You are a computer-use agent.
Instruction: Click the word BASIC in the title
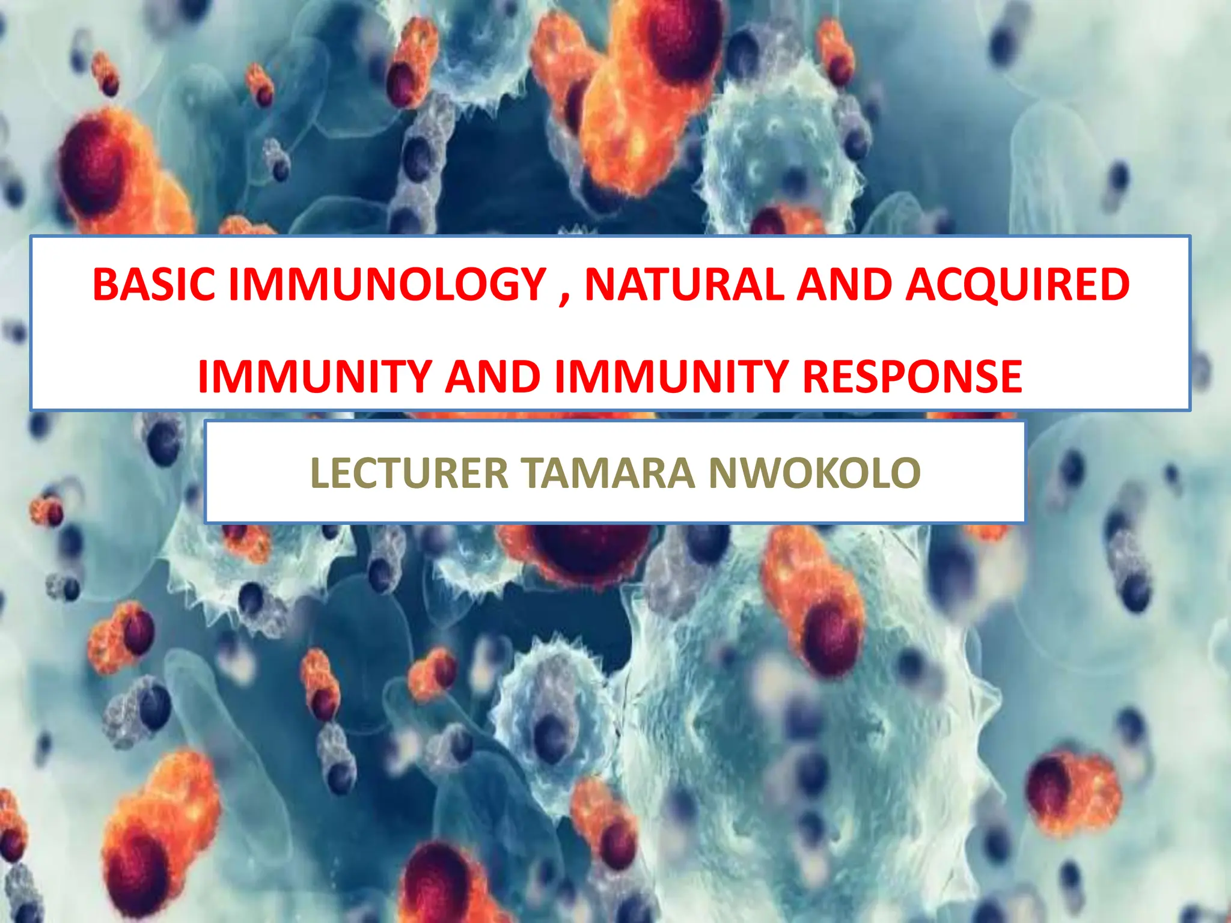click(x=154, y=284)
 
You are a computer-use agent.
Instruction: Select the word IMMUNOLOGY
click(x=387, y=284)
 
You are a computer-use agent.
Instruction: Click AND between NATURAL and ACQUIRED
click(x=845, y=284)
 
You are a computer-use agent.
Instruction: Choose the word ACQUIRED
click(x=1018, y=284)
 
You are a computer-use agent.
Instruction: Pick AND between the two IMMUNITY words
click(x=493, y=377)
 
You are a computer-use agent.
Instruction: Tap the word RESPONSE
click(x=912, y=377)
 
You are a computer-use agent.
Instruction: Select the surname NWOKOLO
click(x=814, y=474)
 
